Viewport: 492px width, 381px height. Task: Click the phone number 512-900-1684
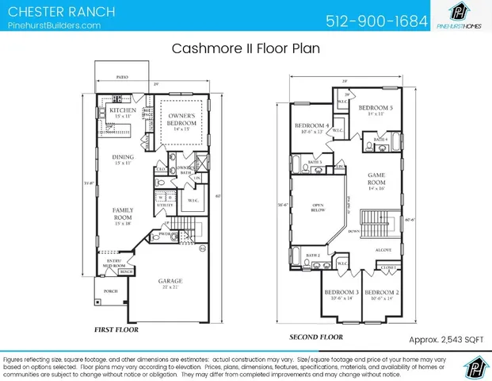377,20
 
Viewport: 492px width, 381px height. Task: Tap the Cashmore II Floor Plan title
246,48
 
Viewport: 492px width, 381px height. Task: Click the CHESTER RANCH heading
60,12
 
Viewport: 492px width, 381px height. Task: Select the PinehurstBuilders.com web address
54,25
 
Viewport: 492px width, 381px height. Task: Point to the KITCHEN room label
123,110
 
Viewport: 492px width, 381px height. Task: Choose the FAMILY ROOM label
123,215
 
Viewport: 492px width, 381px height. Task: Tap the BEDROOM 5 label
376,109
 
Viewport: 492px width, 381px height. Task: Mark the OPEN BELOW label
318,209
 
